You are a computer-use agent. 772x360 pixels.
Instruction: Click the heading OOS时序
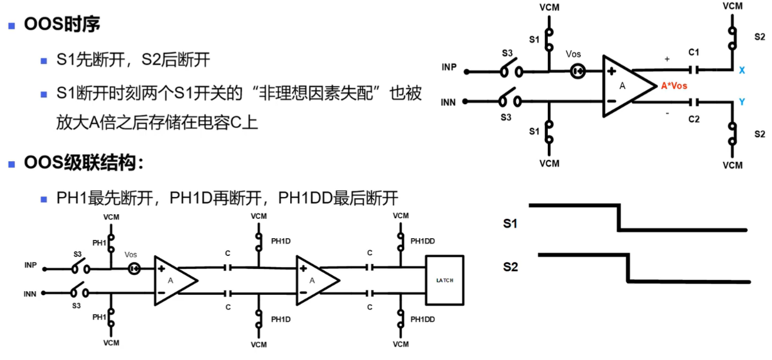[62, 24]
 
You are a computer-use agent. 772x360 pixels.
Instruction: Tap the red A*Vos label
[674, 86]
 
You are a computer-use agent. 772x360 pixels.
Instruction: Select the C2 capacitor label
[694, 119]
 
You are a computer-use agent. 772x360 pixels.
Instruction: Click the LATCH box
[445, 280]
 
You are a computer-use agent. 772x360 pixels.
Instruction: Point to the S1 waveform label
[510, 224]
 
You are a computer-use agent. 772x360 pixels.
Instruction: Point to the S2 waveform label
[510, 267]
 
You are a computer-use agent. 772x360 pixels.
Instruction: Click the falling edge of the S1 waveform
[620, 218]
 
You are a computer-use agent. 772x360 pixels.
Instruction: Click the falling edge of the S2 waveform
[628, 268]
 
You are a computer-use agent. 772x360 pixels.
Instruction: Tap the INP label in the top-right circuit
[449, 67]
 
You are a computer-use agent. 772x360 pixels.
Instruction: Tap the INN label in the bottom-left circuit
[30, 294]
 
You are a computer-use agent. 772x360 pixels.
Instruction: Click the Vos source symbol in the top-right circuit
[577, 71]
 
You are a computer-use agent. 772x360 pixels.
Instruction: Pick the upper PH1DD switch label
[422, 241]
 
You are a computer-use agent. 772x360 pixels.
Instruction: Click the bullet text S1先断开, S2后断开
[133, 59]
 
